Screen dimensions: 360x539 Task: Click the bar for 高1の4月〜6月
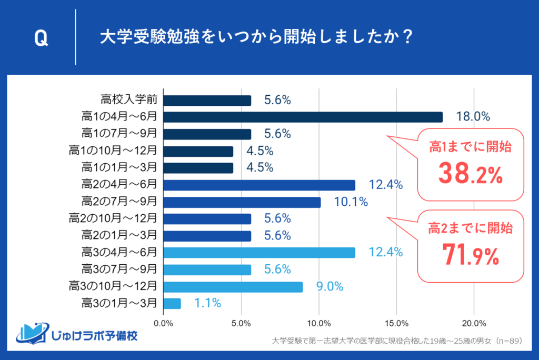tap(303, 117)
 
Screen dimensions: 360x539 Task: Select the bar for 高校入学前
tap(207, 100)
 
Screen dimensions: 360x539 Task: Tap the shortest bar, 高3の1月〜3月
tap(172, 303)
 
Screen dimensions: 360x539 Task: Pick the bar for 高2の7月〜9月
tap(242, 202)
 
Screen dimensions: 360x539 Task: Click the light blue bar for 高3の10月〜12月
tap(233, 286)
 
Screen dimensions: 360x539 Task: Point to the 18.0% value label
tap(473, 117)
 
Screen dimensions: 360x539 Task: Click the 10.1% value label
tap(351, 202)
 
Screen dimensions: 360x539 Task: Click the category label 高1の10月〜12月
tap(113, 151)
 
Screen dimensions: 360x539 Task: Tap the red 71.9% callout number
tap(471, 256)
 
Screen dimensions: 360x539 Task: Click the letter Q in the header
tap(42, 38)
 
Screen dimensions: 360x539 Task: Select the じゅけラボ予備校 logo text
tap(95, 335)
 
